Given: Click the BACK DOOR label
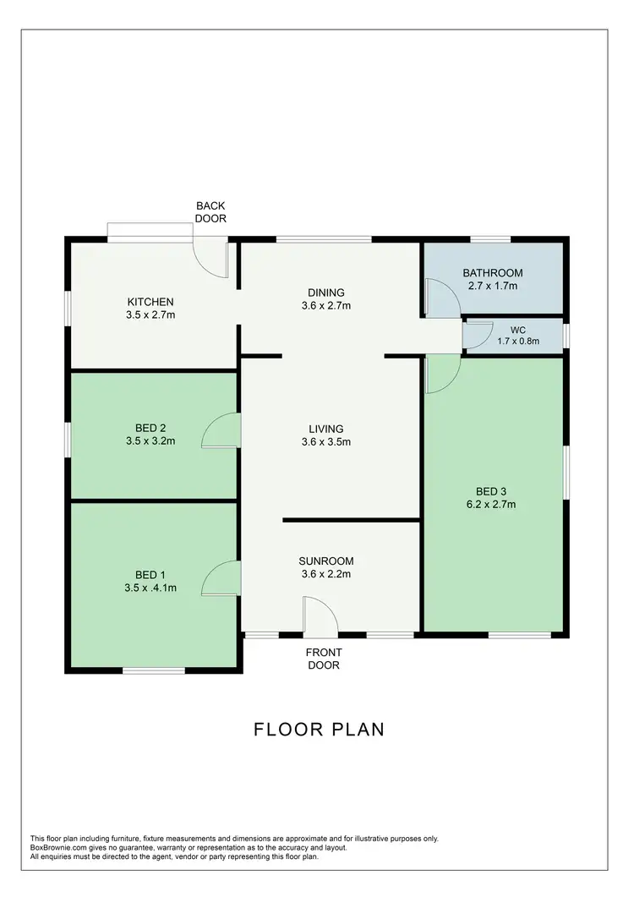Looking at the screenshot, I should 210,211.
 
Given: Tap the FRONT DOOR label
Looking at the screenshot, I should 323,659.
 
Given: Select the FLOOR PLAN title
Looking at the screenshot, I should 319,729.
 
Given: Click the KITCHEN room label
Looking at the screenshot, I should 150,302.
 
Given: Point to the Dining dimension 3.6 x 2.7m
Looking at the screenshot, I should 325,306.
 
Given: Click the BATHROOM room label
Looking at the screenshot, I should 492,273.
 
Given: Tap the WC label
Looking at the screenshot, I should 517,330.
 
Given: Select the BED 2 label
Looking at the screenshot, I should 150,428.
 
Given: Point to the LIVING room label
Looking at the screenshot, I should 325,429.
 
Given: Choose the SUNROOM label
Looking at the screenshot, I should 325,561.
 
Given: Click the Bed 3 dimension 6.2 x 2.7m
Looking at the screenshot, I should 495,505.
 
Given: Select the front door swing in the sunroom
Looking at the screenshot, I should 319,617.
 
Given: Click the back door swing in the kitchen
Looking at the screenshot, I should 211,258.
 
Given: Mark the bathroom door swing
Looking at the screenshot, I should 437,298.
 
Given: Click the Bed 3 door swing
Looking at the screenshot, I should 441,373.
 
